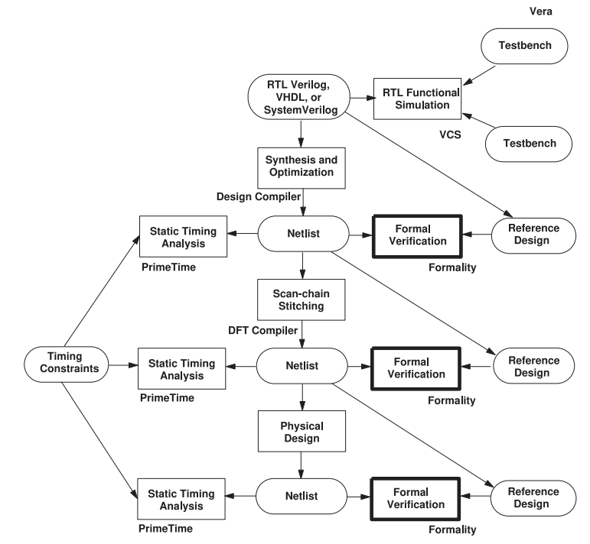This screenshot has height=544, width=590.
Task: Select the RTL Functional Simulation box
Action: [416, 97]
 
